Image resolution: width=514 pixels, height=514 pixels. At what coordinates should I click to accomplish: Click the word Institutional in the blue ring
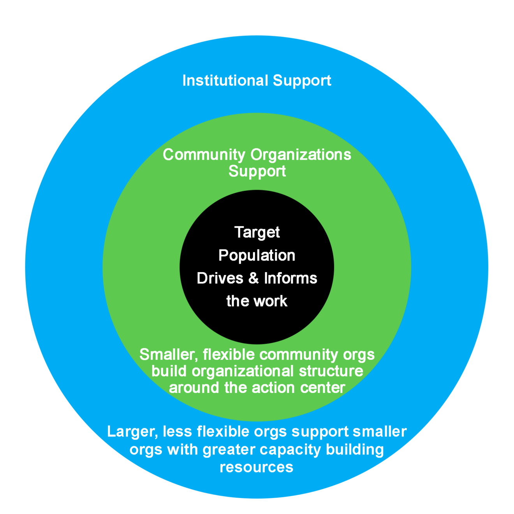click(x=225, y=81)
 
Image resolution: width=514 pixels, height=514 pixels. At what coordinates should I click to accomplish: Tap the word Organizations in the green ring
click(x=301, y=155)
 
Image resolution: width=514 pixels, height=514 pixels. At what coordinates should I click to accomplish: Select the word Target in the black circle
click(x=257, y=233)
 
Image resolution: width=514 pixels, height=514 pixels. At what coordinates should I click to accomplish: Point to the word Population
click(x=257, y=256)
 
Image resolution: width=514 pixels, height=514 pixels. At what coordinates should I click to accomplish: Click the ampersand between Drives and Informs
click(x=253, y=278)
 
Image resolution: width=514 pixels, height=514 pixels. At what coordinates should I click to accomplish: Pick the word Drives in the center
click(x=220, y=278)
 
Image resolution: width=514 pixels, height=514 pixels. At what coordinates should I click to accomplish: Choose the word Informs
click(x=290, y=278)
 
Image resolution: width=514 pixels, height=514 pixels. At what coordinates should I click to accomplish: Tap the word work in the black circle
click(x=271, y=301)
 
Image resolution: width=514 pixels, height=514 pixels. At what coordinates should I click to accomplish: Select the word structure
click(x=331, y=371)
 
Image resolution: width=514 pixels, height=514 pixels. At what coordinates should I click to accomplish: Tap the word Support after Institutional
click(x=302, y=81)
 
